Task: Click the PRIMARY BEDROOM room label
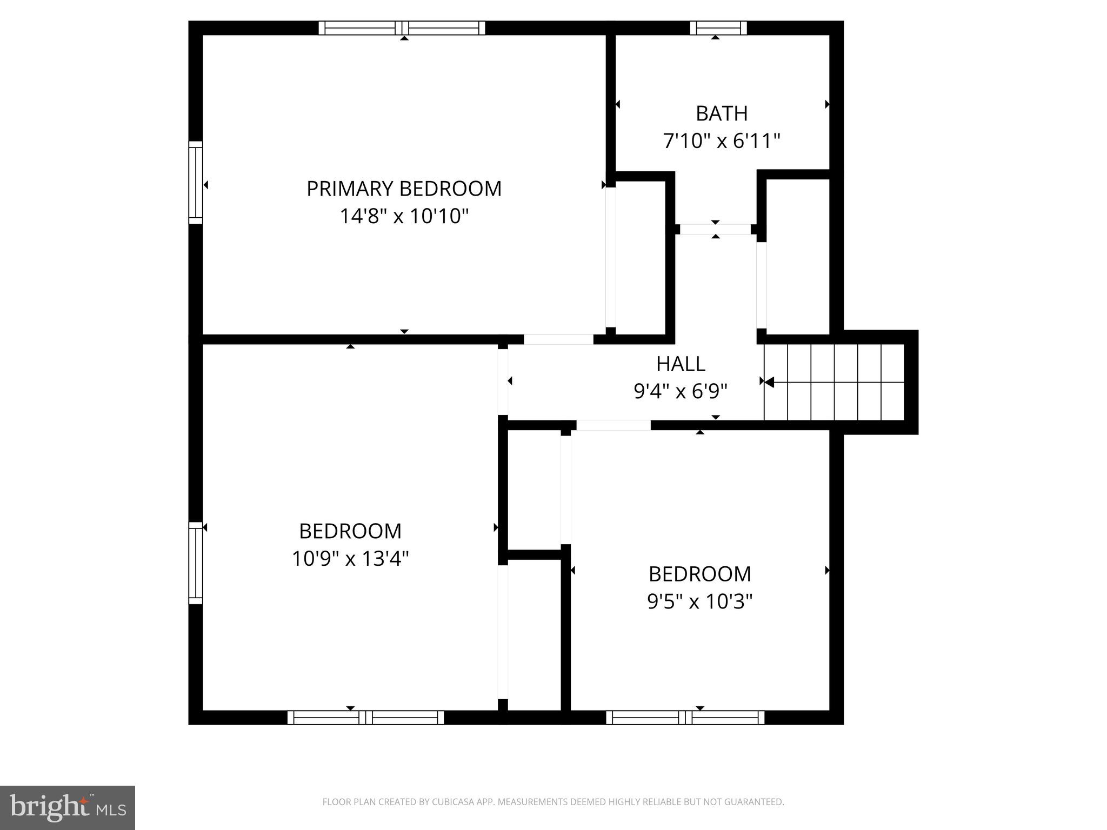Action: coord(404,189)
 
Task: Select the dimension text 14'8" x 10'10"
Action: coord(404,216)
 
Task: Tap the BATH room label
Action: coord(722,113)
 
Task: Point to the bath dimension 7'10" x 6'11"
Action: coord(722,141)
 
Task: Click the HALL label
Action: coord(681,364)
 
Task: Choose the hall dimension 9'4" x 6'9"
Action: coord(681,391)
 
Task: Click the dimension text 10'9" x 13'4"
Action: coord(350,558)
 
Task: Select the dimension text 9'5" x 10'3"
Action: coord(699,601)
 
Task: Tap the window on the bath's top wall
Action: coord(718,28)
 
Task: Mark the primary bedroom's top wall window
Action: coord(402,28)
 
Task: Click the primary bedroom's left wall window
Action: coord(195,183)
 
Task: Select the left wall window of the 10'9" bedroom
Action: coord(195,563)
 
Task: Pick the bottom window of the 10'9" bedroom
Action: coord(365,717)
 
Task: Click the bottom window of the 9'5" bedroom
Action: coord(685,717)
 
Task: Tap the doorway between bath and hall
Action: coord(715,229)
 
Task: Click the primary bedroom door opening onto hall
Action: coord(558,339)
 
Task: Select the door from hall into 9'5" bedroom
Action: coord(613,425)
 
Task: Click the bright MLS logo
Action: coord(68,807)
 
